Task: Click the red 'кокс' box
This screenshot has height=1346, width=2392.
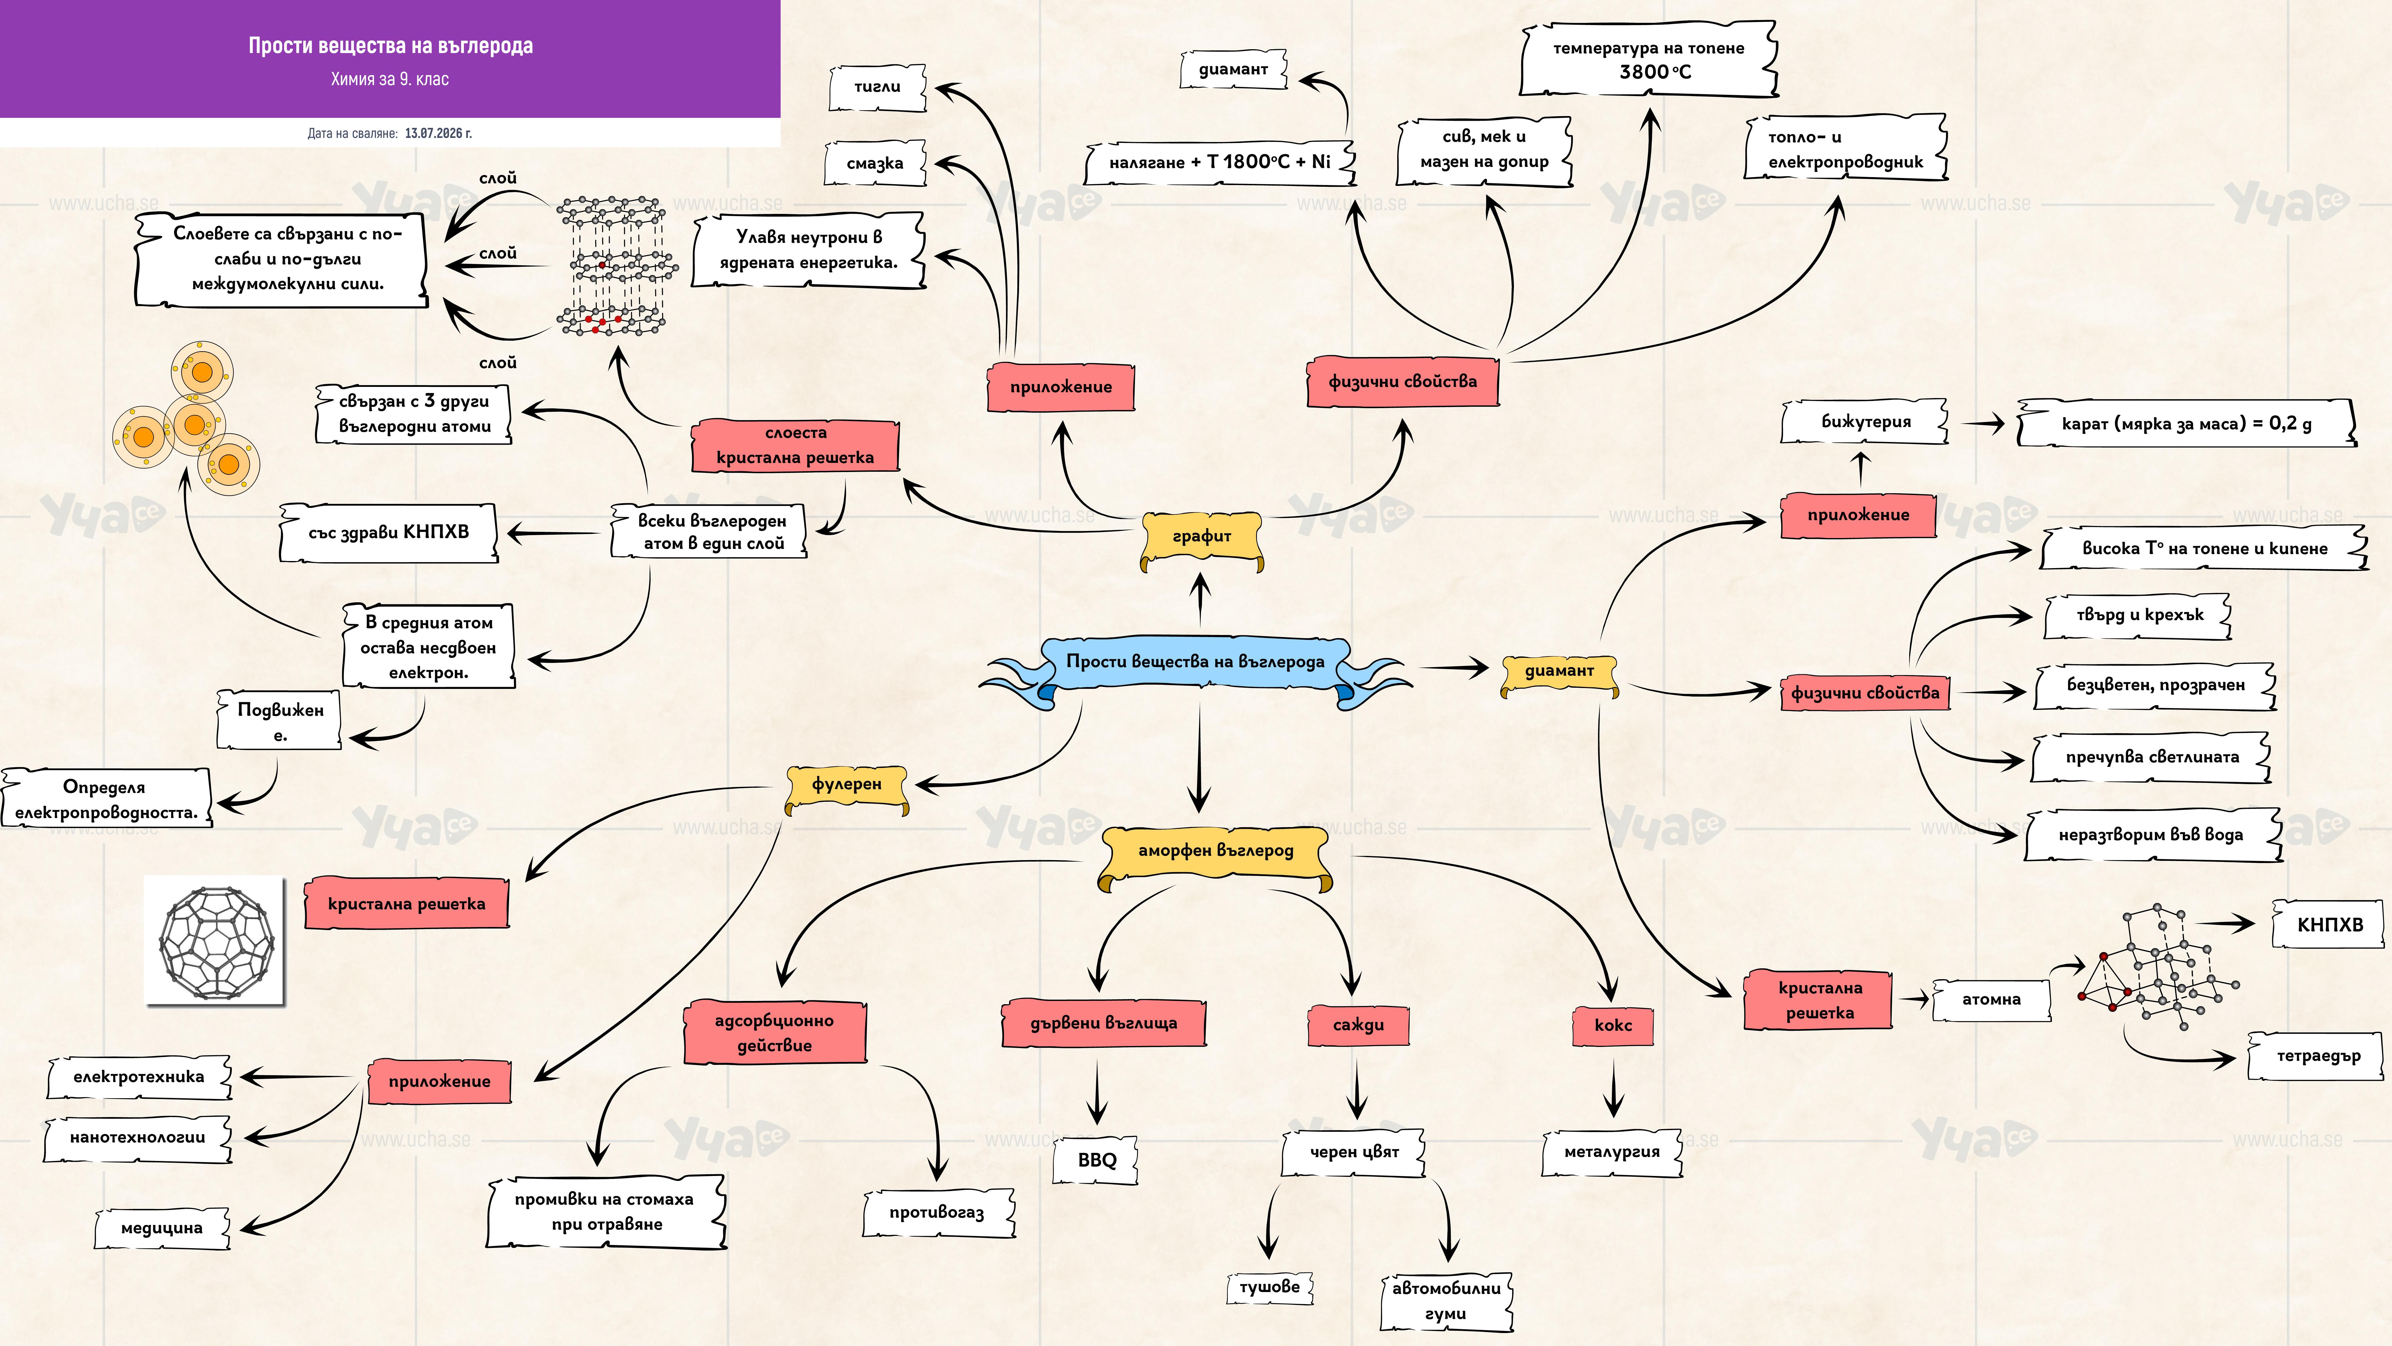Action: [x=1613, y=1025]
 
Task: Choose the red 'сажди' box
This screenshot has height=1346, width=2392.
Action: [x=1357, y=1025]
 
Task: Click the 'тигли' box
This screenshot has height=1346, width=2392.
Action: [x=878, y=87]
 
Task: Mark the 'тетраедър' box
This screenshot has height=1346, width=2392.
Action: [x=2317, y=1056]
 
